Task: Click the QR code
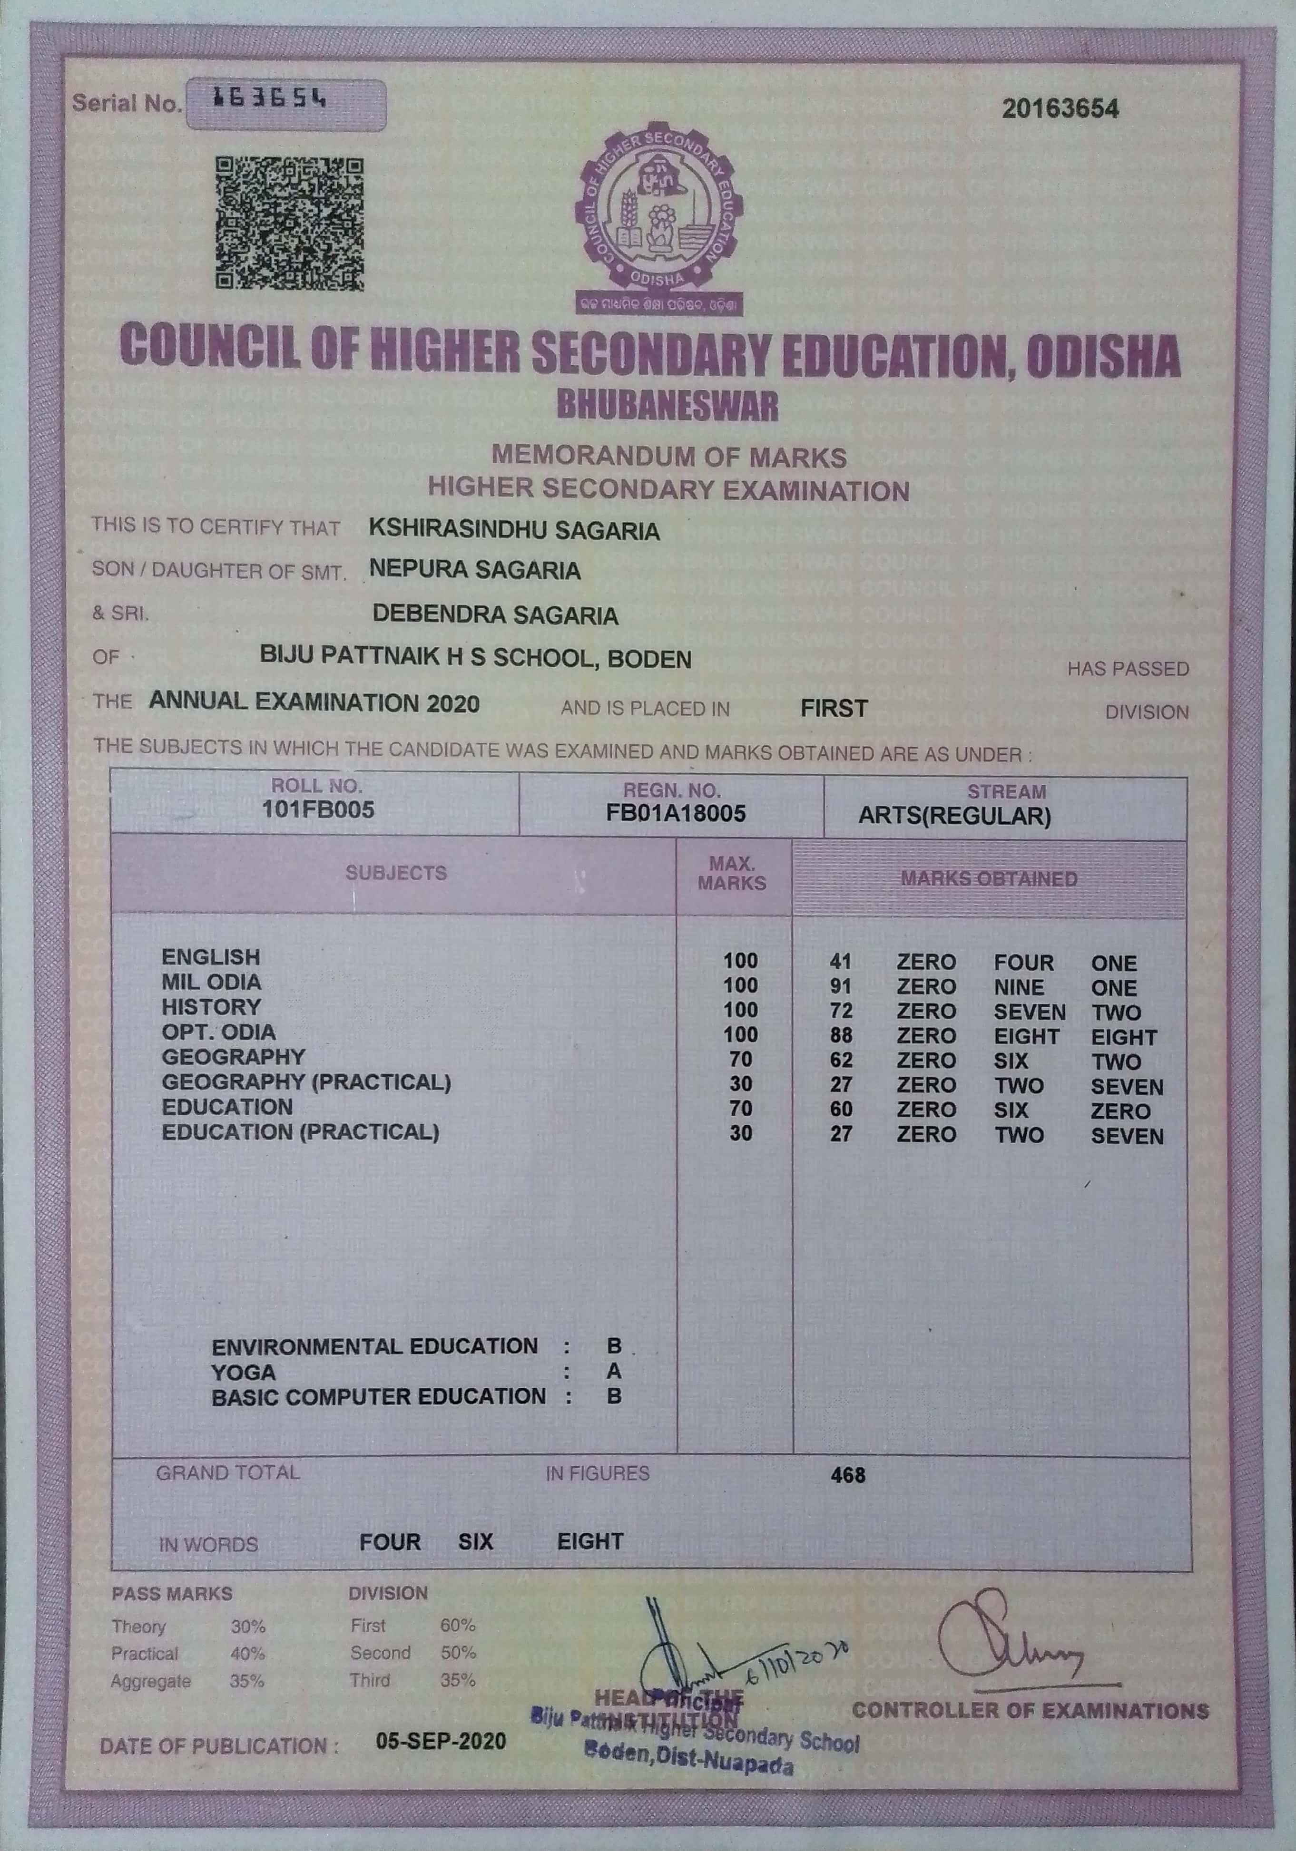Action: click(x=289, y=224)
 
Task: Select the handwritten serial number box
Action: click(x=285, y=105)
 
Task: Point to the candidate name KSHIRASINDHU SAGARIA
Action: click(x=514, y=530)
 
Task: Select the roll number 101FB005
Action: click(x=318, y=810)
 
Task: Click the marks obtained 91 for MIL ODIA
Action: click(x=840, y=987)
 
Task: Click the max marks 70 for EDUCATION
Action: click(x=740, y=1109)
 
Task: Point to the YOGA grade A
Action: click(x=615, y=1371)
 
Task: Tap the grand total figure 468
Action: click(x=848, y=1475)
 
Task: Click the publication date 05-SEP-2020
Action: click(x=441, y=1741)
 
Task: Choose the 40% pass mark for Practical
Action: click(x=247, y=1654)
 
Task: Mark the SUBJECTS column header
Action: click(x=395, y=873)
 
